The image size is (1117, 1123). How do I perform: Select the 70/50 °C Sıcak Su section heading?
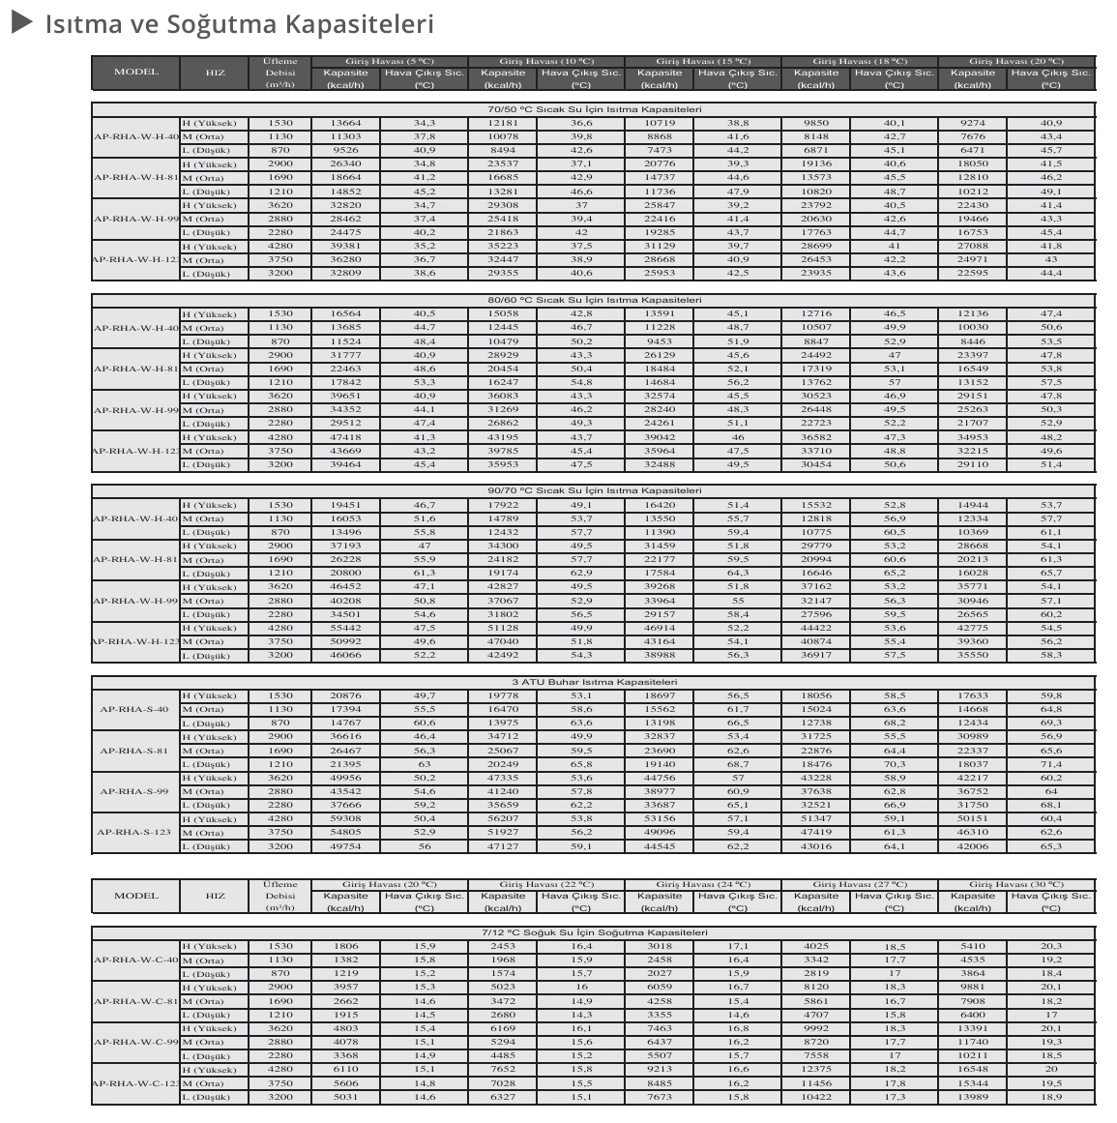tap(594, 109)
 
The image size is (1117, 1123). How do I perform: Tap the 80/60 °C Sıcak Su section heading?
tap(594, 300)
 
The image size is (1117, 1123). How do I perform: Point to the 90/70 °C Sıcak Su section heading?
tap(594, 490)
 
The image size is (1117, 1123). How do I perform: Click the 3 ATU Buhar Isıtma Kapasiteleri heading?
tap(594, 682)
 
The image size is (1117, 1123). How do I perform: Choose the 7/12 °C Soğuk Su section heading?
tap(594, 932)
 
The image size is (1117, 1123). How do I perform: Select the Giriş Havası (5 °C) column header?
tap(390, 61)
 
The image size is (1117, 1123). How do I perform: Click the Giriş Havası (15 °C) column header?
tap(703, 61)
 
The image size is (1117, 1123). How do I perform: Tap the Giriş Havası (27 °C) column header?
tap(860, 884)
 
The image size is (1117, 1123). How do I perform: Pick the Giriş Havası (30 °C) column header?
tap(1016, 884)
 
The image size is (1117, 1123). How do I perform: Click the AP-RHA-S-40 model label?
tap(134, 709)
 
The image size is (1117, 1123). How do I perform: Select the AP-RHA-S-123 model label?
tap(134, 832)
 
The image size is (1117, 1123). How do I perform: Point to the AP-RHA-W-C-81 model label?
tap(136, 1001)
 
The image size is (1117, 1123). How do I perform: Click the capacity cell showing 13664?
tap(345, 123)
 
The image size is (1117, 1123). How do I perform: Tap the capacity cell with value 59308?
tap(345, 818)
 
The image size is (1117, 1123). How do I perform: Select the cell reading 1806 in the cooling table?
tap(345, 946)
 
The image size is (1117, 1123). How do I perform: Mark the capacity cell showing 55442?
tap(345, 628)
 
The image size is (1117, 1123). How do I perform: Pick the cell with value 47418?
tap(345, 437)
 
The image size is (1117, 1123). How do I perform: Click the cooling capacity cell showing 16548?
tap(972, 1070)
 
